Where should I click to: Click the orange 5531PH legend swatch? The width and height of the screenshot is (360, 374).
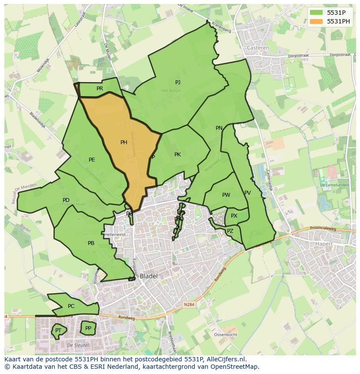(317, 21)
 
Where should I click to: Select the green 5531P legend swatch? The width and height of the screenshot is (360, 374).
(317, 13)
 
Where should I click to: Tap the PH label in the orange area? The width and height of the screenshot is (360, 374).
(124, 142)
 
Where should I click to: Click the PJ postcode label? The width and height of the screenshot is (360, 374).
(178, 83)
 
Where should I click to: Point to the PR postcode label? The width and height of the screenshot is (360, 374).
(100, 89)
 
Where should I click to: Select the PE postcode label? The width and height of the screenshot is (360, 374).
(92, 160)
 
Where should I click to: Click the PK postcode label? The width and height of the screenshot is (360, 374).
(177, 155)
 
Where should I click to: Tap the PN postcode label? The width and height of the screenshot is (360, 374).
(219, 128)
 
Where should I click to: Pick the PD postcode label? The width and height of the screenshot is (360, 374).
(66, 200)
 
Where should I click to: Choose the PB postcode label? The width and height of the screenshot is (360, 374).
(91, 243)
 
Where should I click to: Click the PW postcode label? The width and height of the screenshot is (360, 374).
(226, 195)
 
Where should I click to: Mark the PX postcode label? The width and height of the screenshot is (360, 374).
(234, 216)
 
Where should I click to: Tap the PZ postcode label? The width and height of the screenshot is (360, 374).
(230, 231)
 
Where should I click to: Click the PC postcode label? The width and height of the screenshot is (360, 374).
(71, 306)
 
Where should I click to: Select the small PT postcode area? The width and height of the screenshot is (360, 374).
(58, 331)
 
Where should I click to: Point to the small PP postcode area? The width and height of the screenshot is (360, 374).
(88, 328)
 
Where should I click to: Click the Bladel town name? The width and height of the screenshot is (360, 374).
(149, 276)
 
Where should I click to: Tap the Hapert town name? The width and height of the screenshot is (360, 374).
(323, 244)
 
